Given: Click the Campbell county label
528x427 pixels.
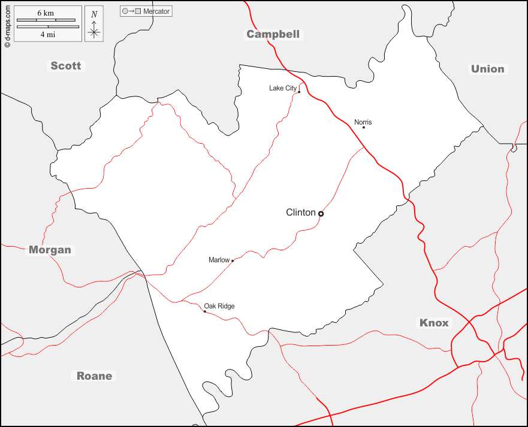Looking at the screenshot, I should (273, 34).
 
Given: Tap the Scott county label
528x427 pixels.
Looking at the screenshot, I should (65, 66).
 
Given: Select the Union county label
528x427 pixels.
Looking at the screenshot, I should (487, 69).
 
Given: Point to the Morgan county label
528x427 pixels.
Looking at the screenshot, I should (50, 250).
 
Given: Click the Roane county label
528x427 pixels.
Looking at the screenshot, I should (94, 376).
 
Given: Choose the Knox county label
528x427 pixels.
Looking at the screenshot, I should (434, 323).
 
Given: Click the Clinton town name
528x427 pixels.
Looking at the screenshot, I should (300, 213).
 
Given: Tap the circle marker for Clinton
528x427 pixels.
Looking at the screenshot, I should (321, 213).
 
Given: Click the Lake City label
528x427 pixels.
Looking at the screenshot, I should (282, 88).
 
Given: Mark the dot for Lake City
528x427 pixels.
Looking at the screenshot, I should (299, 92).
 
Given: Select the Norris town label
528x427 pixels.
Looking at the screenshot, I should (363, 122).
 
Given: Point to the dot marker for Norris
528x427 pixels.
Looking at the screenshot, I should (363, 127).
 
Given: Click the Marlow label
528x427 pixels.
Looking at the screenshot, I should (219, 260).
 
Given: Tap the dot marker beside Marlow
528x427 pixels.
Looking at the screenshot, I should (233, 261).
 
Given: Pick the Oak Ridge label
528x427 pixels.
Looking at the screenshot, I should (219, 306).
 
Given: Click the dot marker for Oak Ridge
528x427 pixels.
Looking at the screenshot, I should (204, 311).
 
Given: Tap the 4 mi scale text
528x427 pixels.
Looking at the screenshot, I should (47, 35).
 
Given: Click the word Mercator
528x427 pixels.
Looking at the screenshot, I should (156, 11).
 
